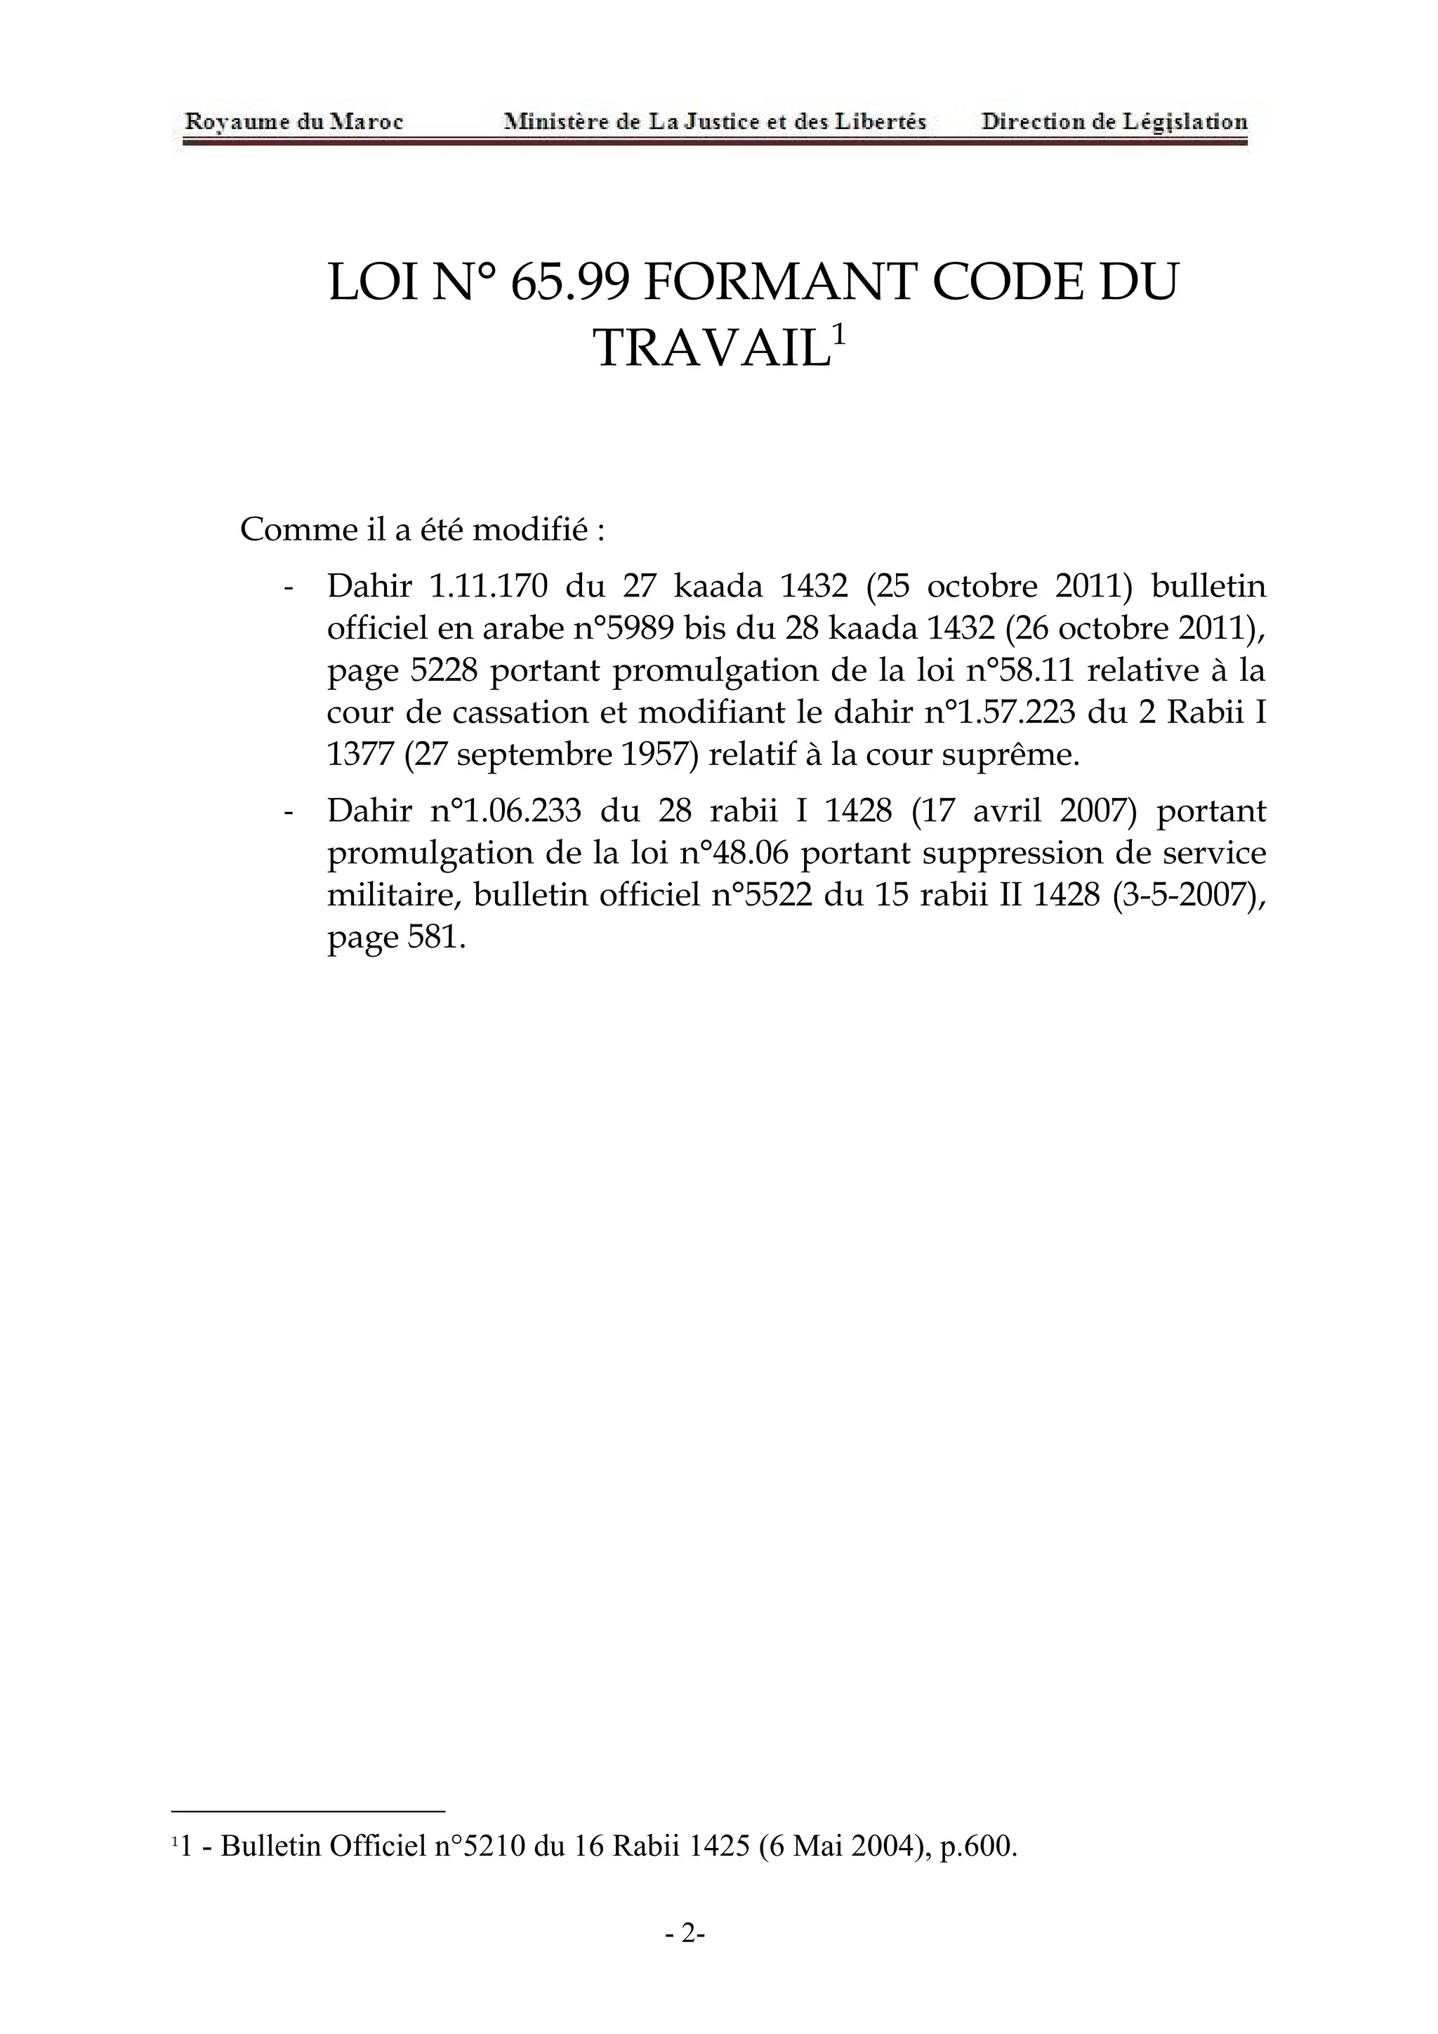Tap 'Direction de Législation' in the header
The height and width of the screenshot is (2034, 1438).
coord(1114,121)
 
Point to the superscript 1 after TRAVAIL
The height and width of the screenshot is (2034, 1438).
coord(838,334)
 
